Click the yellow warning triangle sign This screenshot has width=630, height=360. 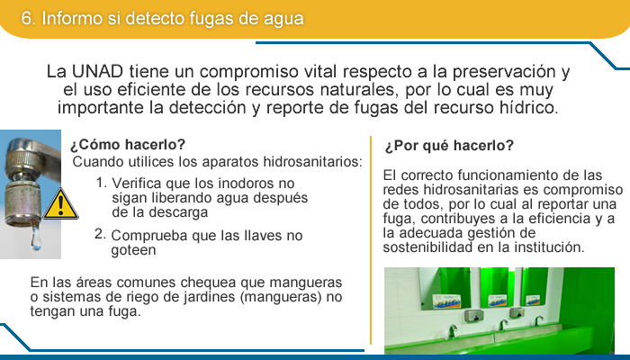click(60, 204)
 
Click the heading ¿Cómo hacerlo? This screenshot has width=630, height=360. click(128, 144)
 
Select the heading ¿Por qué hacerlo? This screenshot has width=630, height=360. click(449, 146)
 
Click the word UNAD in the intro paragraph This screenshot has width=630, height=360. click(97, 71)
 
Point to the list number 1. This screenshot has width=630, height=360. click(101, 183)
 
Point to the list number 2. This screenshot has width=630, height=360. click(100, 234)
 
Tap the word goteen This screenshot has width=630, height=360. click(133, 250)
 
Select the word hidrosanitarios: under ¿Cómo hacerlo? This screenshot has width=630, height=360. click(312, 161)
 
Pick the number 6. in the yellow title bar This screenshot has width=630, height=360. click(29, 19)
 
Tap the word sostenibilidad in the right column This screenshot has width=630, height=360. click(427, 247)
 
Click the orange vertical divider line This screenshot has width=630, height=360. click(371, 240)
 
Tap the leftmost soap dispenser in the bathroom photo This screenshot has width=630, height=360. click(472, 315)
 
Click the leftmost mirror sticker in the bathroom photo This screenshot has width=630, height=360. click(446, 301)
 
